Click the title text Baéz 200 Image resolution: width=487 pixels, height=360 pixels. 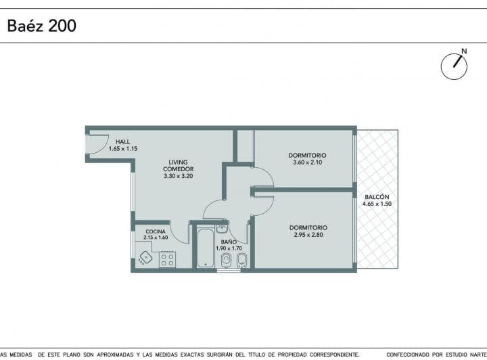click(x=41, y=26)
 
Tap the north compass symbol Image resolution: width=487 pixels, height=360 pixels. click(x=455, y=64)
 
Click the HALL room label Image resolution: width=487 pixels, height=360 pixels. click(x=122, y=142)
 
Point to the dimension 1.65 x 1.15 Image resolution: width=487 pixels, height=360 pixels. click(x=123, y=149)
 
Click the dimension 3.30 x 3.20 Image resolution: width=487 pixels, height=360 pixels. click(x=179, y=176)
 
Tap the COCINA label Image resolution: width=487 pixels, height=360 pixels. click(x=155, y=231)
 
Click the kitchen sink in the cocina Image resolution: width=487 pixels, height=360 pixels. click(x=145, y=258)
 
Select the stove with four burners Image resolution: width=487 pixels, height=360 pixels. click(x=167, y=259)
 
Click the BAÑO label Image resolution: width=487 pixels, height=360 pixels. click(x=228, y=242)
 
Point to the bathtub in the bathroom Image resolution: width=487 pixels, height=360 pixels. click(x=204, y=248)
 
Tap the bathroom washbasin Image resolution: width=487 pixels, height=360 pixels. click(x=222, y=229)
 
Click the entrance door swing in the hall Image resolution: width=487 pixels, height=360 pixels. click(x=99, y=145)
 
